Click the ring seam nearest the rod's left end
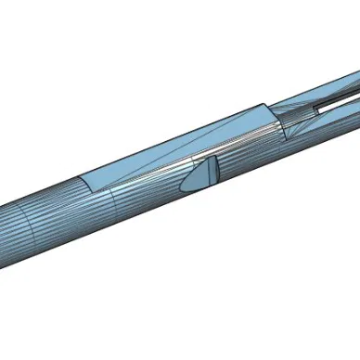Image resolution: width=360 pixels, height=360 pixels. [28, 223]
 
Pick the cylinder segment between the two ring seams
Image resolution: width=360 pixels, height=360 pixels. [70, 209]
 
